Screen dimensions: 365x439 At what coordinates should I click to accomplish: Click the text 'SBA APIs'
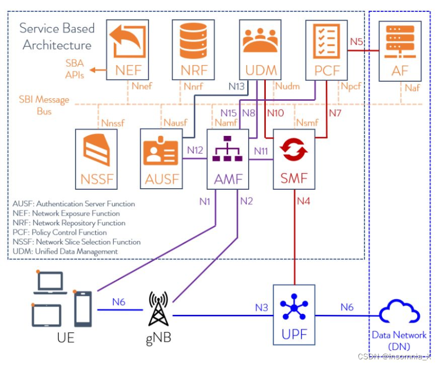(75, 69)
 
